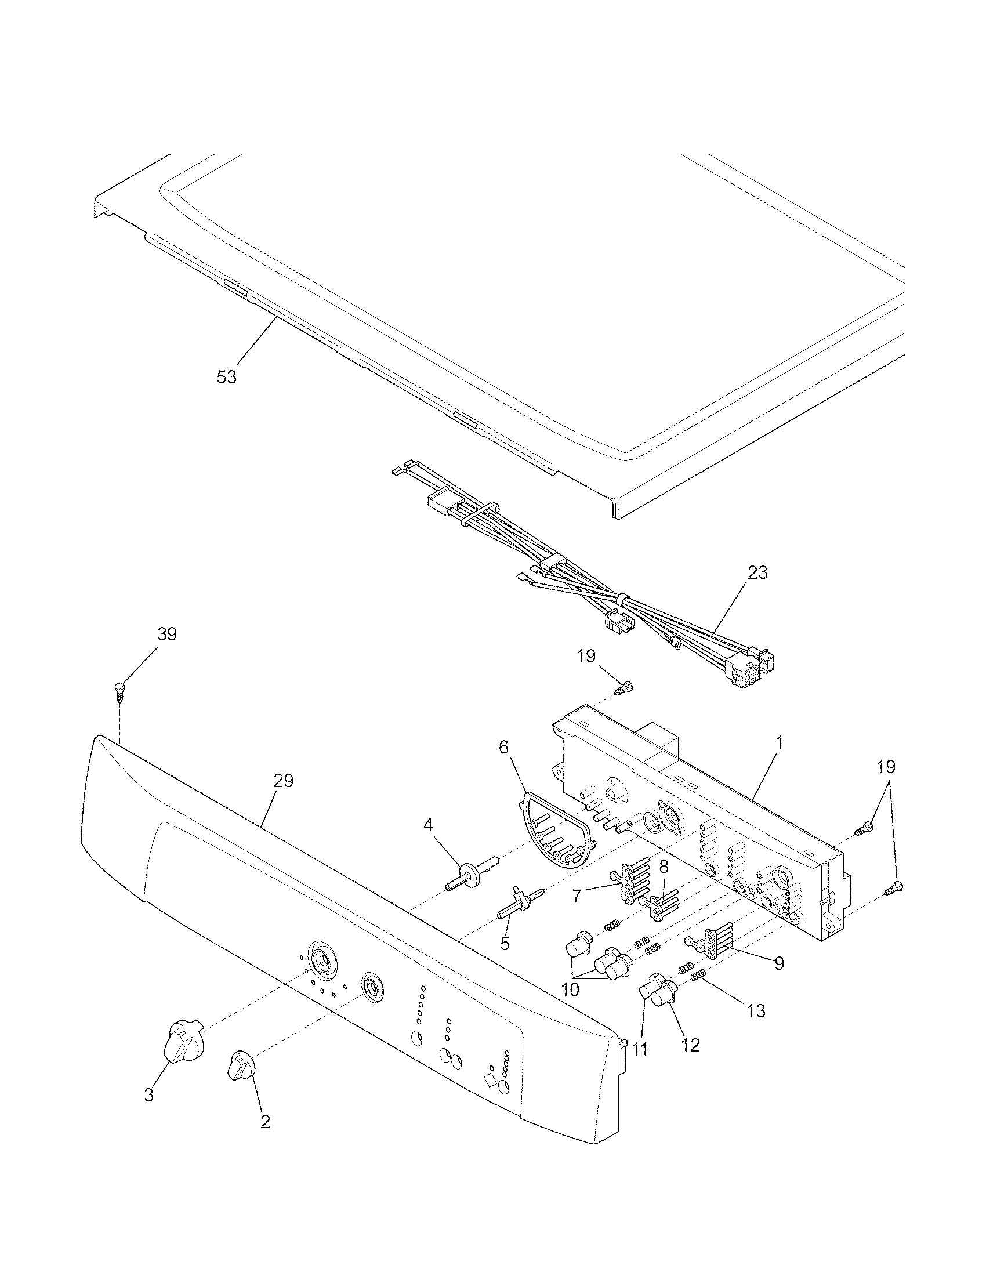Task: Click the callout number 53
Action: click(x=227, y=378)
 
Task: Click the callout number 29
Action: click(x=283, y=781)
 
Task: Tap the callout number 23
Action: click(x=757, y=573)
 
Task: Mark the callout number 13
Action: click(x=756, y=1011)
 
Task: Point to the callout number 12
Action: click(x=690, y=1045)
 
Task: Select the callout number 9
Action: click(x=778, y=963)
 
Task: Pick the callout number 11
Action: click(x=640, y=1049)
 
